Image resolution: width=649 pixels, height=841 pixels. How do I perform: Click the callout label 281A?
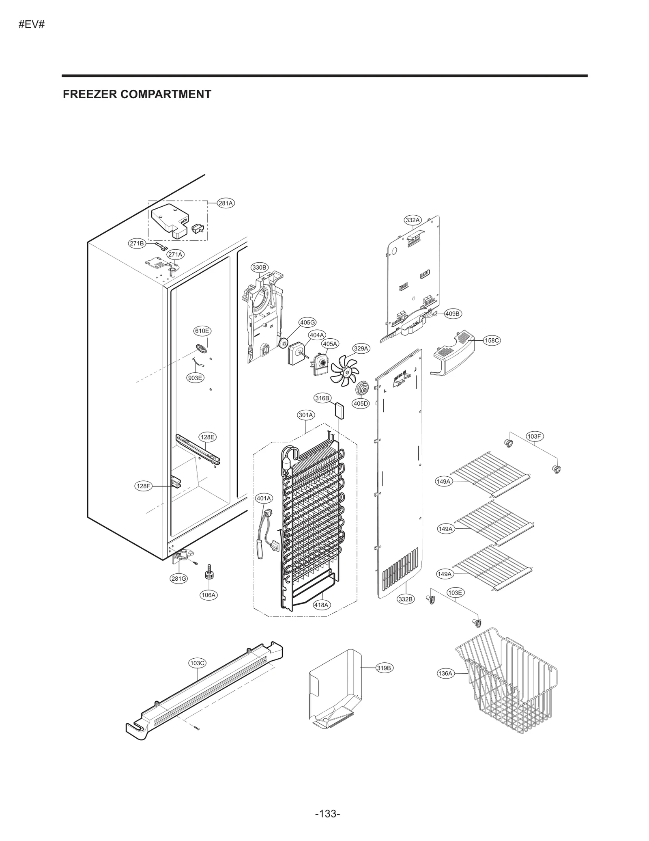(x=226, y=203)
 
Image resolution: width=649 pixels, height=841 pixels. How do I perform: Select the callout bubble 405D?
(x=360, y=404)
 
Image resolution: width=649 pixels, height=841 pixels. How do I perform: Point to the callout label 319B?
(x=384, y=668)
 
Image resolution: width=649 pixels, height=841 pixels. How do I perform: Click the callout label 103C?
(x=198, y=663)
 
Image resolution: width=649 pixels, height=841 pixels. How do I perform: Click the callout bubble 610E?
(x=202, y=331)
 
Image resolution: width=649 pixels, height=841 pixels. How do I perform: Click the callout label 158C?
(x=492, y=340)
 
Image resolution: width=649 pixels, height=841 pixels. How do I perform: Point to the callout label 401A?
(x=264, y=498)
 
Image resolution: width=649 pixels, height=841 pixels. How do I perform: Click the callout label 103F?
(x=534, y=437)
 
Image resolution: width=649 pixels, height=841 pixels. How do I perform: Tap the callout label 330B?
(x=259, y=268)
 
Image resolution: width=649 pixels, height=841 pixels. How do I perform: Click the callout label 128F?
(x=143, y=486)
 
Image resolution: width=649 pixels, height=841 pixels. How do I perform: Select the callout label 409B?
(x=452, y=314)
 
